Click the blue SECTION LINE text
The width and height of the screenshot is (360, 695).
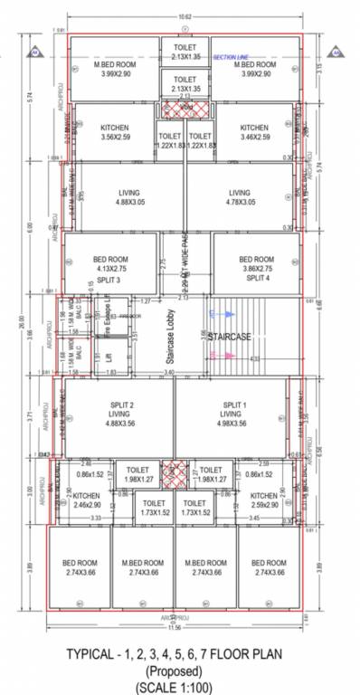231,57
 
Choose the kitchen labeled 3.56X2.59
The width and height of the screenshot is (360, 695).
114,132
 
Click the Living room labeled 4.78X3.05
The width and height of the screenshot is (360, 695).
239,197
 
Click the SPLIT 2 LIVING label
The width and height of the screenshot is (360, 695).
118,413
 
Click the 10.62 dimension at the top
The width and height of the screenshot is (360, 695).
185,17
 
